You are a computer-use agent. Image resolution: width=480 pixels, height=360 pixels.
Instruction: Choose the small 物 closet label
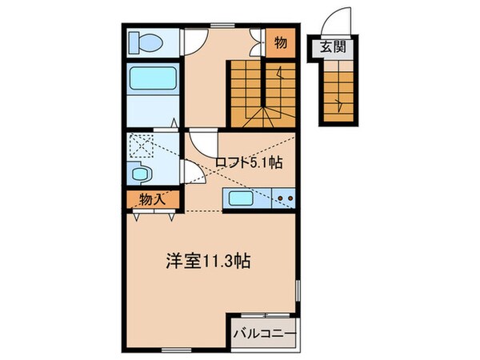pos(282,43)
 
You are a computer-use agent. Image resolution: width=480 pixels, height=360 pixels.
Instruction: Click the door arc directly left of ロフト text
pos(200,144)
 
